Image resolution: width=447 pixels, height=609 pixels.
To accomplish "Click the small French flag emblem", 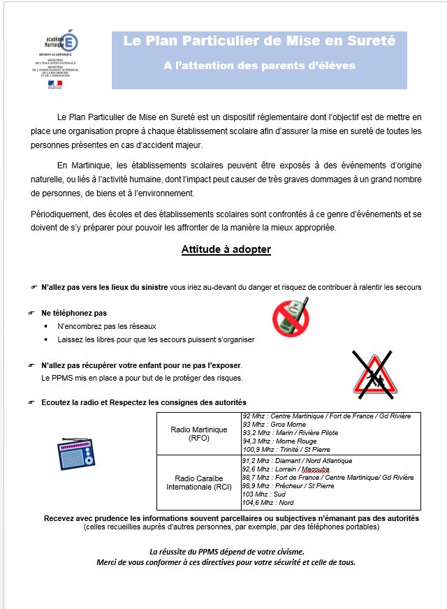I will click(54, 84).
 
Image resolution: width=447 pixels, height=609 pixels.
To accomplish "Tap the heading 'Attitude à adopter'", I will click(226, 249).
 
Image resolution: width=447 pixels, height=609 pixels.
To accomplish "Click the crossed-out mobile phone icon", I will click(290, 316).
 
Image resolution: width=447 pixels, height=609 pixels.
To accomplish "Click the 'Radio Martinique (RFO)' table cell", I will click(199, 434).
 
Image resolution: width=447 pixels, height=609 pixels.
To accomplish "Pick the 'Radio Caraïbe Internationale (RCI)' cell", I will click(199, 482).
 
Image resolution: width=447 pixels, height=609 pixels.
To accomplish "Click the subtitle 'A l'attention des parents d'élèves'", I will click(259, 66).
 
